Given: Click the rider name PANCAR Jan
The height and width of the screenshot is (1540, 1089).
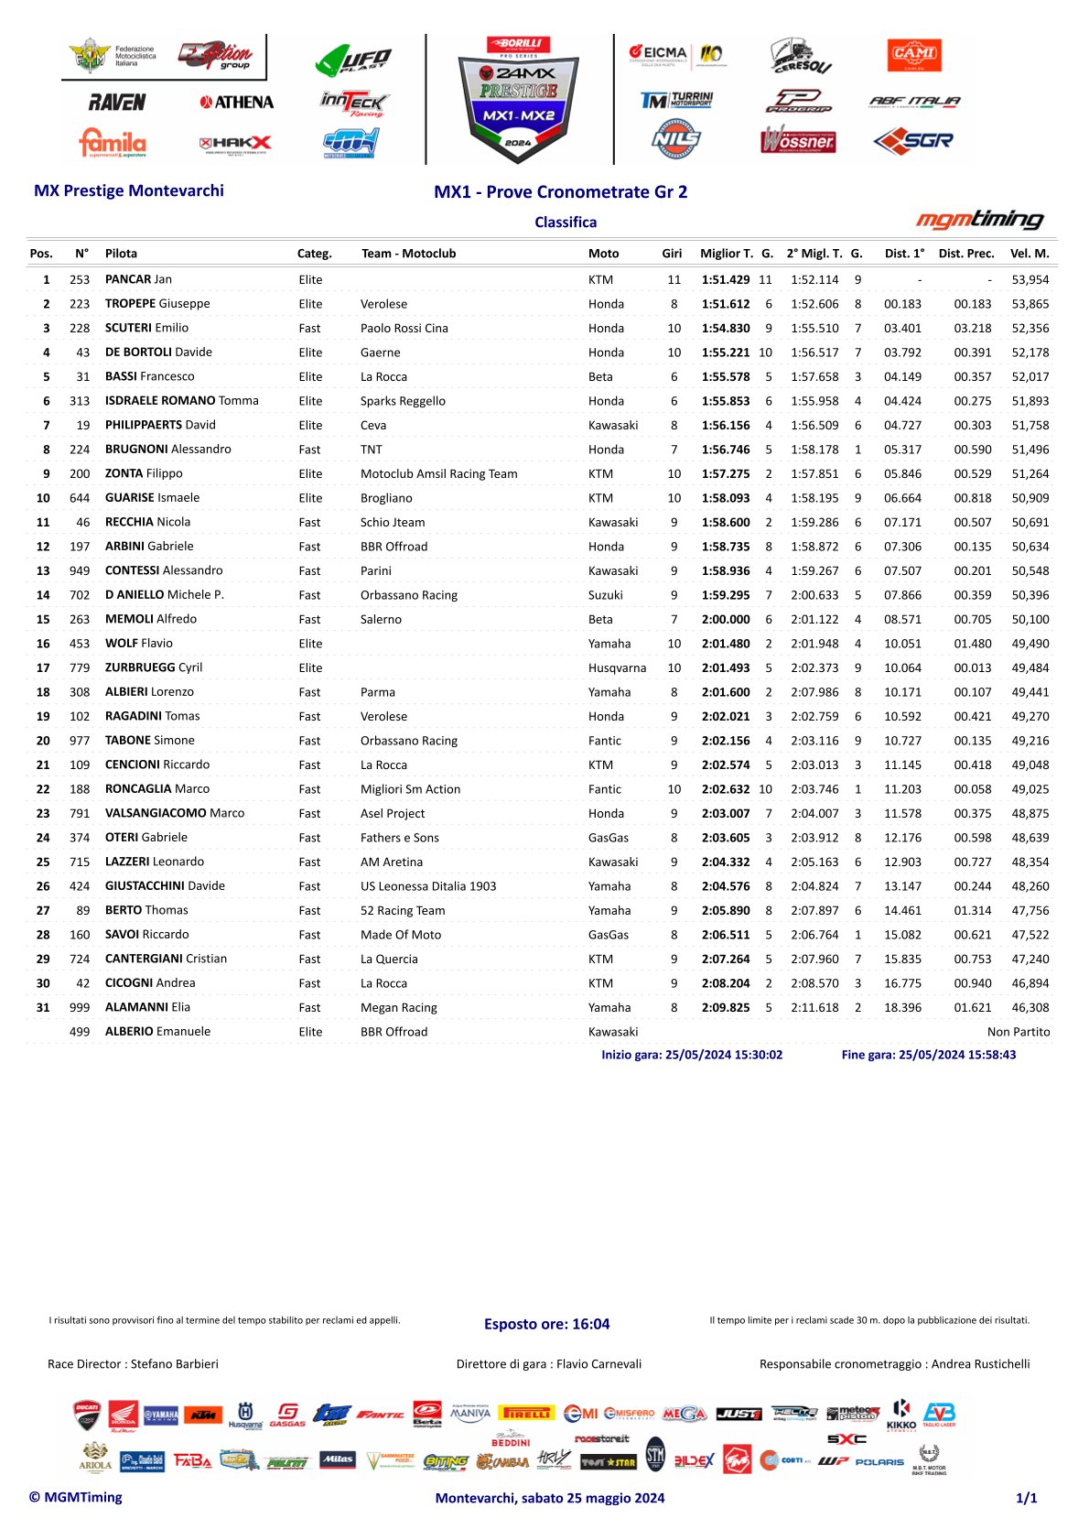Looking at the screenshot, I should point(138,279).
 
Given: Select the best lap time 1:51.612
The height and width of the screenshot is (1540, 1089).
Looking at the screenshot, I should point(726,304).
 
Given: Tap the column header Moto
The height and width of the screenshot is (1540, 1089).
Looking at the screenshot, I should point(603,254).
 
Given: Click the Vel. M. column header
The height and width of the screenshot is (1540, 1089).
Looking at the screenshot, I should point(1030,254).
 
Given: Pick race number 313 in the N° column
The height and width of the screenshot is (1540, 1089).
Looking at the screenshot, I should point(80,401).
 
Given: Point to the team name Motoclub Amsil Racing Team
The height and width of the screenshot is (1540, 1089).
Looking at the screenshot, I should point(438,473).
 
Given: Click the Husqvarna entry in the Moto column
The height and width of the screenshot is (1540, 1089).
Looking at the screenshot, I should point(617,667).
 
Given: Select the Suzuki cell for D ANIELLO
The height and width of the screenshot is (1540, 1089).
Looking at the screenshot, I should point(605,595).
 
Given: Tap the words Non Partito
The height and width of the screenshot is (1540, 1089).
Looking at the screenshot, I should point(1019,1032).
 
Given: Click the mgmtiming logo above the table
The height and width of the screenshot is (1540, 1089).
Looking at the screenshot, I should point(979,220).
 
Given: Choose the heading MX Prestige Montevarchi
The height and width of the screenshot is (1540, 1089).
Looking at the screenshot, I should point(129,190).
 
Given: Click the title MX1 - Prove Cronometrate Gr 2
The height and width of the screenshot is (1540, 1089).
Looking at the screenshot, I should point(560,192).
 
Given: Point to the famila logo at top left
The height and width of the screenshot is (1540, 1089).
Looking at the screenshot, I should point(113,143).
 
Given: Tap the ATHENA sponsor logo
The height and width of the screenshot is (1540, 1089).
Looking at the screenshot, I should point(236,103).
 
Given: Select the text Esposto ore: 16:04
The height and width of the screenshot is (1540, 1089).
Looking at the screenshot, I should point(546,1324).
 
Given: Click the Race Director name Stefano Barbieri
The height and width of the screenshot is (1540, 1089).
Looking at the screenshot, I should point(174,1364).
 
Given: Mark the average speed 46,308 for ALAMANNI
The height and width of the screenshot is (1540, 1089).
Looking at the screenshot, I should point(1030,1007).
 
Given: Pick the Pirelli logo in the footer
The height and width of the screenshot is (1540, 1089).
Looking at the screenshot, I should point(526,1414).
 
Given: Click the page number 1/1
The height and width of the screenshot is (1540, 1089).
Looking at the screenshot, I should point(1026,1498).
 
